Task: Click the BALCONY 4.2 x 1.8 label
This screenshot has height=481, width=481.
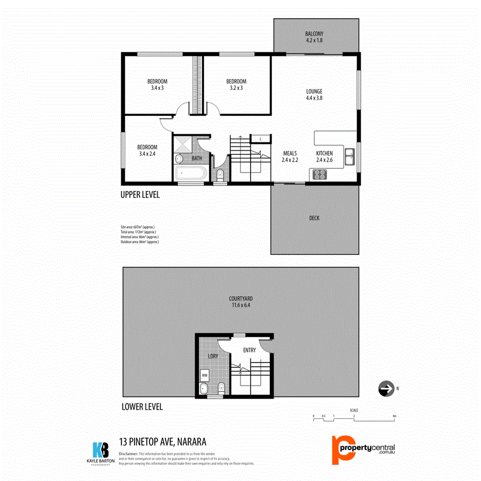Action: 314,36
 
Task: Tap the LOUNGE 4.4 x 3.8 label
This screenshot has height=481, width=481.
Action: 314,95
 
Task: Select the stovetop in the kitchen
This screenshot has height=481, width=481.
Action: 320,174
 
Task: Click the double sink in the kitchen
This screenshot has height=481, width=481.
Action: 350,157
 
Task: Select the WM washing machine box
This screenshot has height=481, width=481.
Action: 205,375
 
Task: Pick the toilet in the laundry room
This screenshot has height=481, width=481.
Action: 221,387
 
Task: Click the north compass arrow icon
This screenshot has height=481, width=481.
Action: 385,389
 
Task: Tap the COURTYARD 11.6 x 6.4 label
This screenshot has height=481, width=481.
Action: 242,302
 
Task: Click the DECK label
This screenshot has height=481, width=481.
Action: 314,218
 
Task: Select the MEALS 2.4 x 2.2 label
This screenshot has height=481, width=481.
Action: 290,156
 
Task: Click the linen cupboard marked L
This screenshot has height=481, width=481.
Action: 260,139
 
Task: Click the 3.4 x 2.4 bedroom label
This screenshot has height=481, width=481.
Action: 147,150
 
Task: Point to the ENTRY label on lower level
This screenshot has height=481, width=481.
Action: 249,351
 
